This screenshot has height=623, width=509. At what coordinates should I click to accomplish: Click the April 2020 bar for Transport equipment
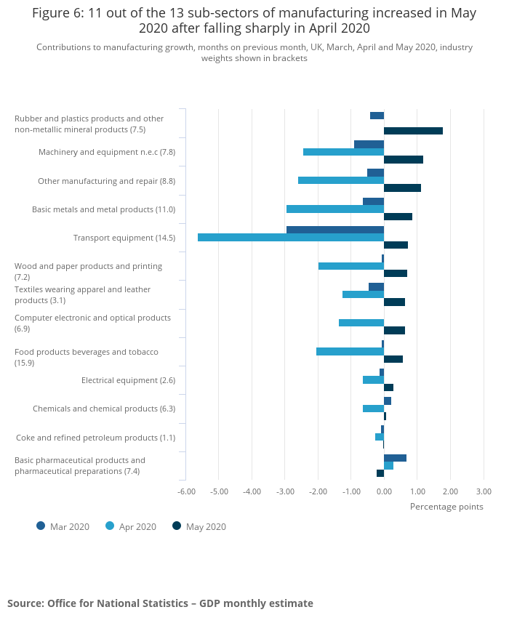pos(291,237)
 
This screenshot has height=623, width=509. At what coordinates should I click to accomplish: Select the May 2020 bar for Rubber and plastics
pos(413,131)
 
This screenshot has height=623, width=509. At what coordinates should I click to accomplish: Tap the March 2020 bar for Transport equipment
pos(335,230)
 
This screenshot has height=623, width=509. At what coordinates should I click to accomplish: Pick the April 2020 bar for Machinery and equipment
pos(343,152)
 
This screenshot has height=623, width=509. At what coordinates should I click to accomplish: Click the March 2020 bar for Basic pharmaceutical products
pos(395,458)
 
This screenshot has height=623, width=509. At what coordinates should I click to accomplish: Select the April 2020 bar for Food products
pos(350,351)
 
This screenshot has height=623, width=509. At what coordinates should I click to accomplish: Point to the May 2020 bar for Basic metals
pos(398,217)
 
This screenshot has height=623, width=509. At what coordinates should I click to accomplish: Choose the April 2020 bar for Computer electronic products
pos(361,323)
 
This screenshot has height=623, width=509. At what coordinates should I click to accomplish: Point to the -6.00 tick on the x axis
pos(187,491)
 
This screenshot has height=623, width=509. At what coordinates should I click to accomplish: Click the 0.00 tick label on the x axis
pos(384,491)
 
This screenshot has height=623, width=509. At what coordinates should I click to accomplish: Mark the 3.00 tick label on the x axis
pos(484,491)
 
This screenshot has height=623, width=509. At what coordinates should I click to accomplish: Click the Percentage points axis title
pos(446,507)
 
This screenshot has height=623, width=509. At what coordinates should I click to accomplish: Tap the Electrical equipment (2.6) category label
pos(128,380)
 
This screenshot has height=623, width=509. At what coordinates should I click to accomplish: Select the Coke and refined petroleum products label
pos(95,438)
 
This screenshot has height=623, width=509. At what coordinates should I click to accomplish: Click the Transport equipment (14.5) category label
pos(124,238)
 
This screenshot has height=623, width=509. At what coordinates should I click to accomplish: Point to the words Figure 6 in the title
pos(57,13)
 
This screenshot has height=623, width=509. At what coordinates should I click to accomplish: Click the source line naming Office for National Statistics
pos(160,603)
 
